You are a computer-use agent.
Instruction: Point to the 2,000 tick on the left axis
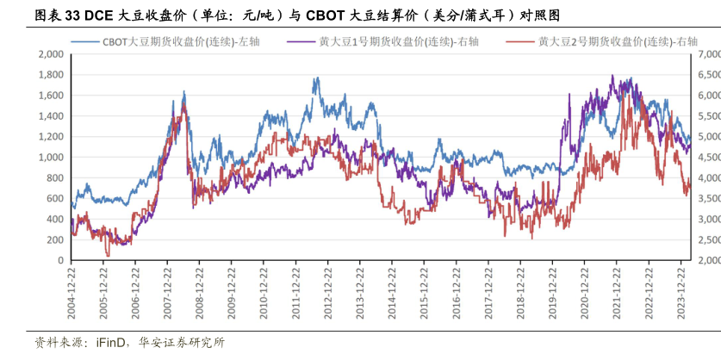click(x=51, y=53)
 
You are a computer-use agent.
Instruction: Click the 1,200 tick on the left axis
click(x=51, y=136)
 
